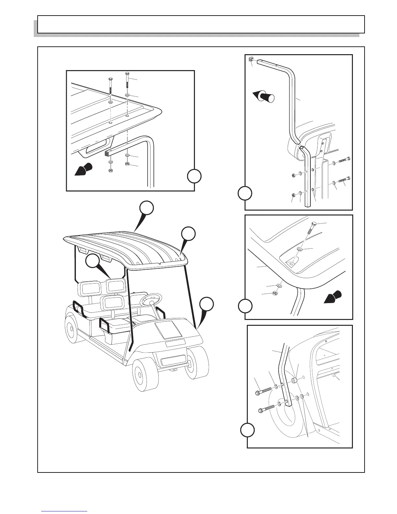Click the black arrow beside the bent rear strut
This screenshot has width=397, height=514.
coord(263,97)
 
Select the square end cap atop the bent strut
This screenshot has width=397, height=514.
coord(252,59)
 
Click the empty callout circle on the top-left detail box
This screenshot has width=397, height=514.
coord(194,176)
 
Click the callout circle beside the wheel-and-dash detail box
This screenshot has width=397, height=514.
coord(247,430)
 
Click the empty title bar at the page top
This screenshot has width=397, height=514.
coord(201,24)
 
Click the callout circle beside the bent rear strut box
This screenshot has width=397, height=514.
coord(245,193)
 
